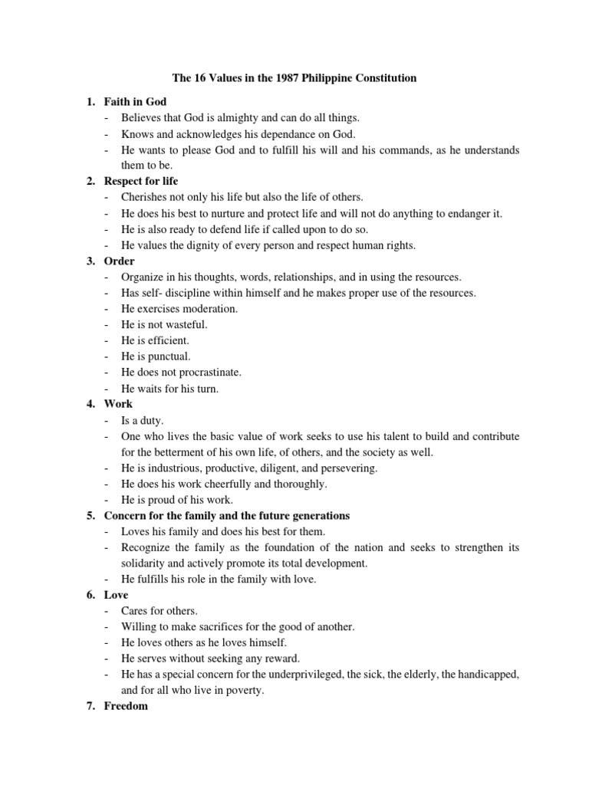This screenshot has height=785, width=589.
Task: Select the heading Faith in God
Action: click(x=135, y=101)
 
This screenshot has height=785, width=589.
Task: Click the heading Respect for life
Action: click(x=141, y=181)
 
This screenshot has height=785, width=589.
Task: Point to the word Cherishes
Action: click(x=144, y=197)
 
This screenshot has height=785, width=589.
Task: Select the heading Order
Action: click(x=119, y=261)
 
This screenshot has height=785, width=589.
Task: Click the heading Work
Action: click(x=118, y=403)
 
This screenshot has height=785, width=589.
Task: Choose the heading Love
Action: click(x=116, y=595)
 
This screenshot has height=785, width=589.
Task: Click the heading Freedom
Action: click(x=126, y=706)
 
